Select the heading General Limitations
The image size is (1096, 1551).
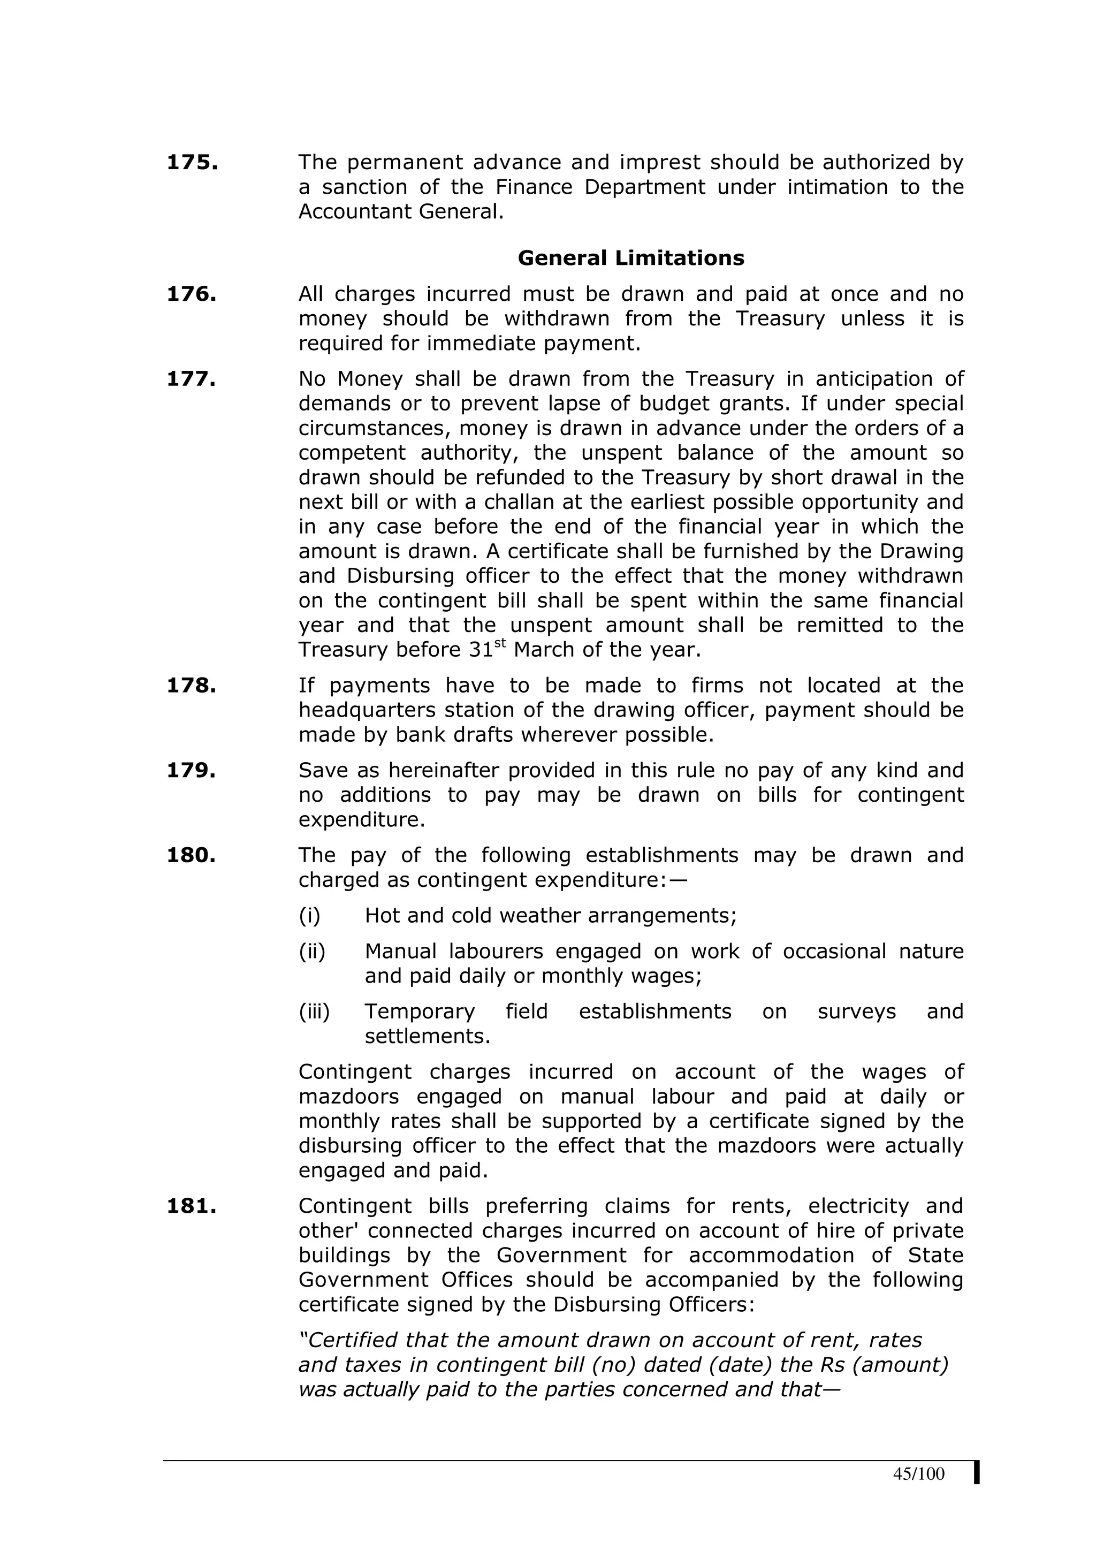pos(631,258)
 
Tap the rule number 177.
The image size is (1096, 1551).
pos(191,379)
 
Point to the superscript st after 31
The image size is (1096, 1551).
pos(500,643)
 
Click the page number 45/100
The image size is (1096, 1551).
pos(918,1473)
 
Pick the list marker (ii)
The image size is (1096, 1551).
pos(312,951)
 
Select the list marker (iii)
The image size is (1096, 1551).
pos(314,1012)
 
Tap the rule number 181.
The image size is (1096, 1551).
pos(191,1206)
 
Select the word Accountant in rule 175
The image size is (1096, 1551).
pos(354,212)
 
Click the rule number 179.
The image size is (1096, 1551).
pos(191,771)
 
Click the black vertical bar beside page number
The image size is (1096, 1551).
pos(977,1473)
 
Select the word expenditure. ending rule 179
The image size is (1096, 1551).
pos(362,820)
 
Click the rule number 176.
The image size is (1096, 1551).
pos(191,294)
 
